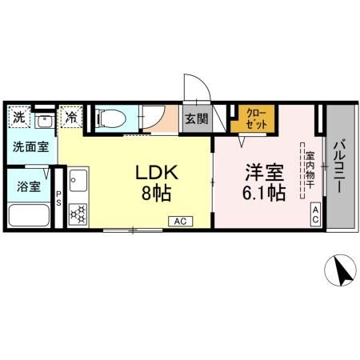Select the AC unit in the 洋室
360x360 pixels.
click(315, 214)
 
